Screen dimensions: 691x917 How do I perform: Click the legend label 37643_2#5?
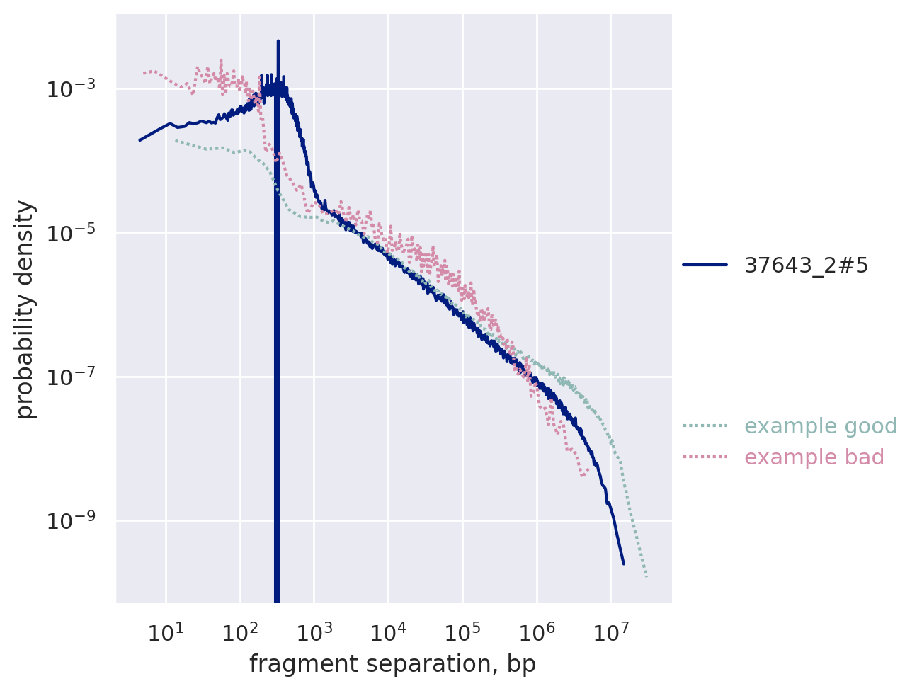pos(806,265)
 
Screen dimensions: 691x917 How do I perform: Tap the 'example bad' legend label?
pos(814,458)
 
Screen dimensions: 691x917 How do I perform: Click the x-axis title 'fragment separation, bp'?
pos(392,664)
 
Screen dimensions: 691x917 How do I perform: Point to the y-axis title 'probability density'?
pos(26,309)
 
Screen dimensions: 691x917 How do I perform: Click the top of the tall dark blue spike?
pos(278,41)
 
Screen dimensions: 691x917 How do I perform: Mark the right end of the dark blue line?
pos(623,564)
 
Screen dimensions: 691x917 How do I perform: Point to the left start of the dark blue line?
pos(139,140)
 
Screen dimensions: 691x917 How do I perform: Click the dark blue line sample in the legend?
pos(705,265)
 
